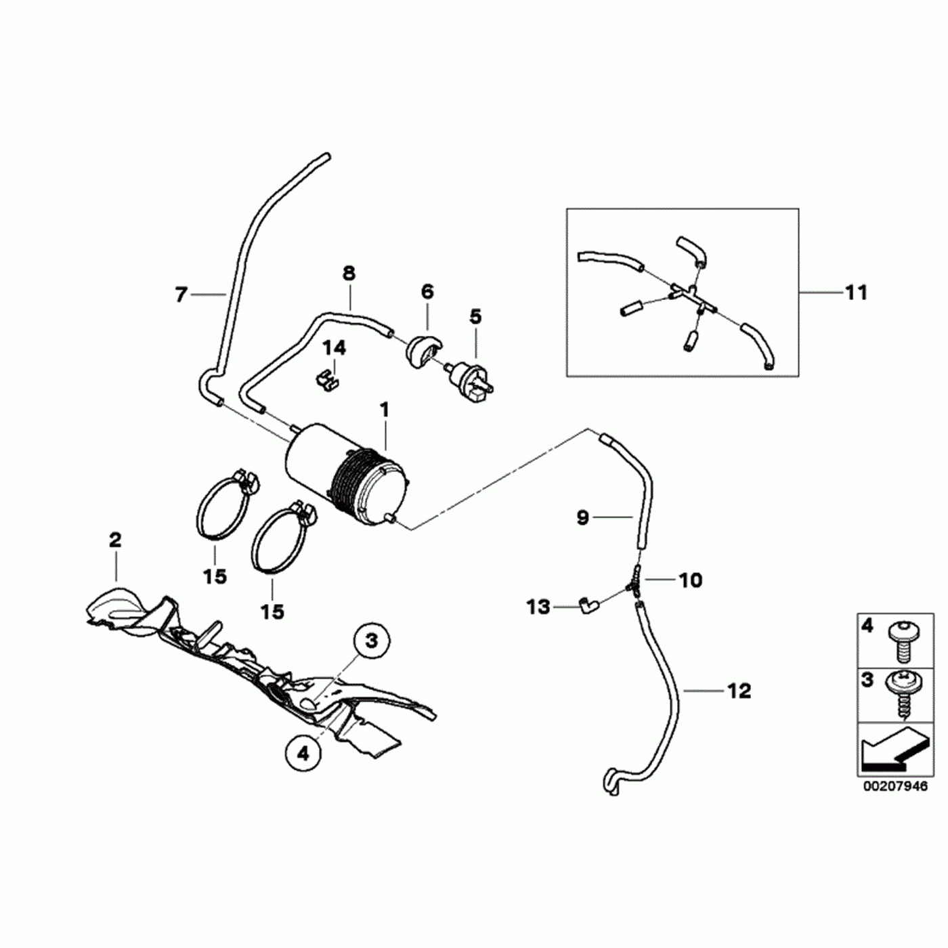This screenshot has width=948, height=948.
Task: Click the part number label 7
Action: coord(181,295)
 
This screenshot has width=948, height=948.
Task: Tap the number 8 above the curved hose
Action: coord(349,274)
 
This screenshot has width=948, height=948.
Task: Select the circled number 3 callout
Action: coord(371,640)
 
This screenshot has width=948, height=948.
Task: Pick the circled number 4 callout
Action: coord(303,753)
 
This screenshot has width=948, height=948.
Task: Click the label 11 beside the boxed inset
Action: coord(856,293)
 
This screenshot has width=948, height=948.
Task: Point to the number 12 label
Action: coord(739,691)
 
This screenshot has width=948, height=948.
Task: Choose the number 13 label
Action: coord(538,607)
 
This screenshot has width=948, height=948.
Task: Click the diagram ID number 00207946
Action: coord(895,787)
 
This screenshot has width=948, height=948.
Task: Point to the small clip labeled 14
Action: coord(326,378)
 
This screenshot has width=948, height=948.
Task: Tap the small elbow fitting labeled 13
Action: coord(586,603)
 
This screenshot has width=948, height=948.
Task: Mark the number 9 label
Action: coord(583,518)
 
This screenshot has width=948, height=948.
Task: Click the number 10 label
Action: coord(691,580)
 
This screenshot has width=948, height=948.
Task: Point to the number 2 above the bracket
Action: coord(115,540)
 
